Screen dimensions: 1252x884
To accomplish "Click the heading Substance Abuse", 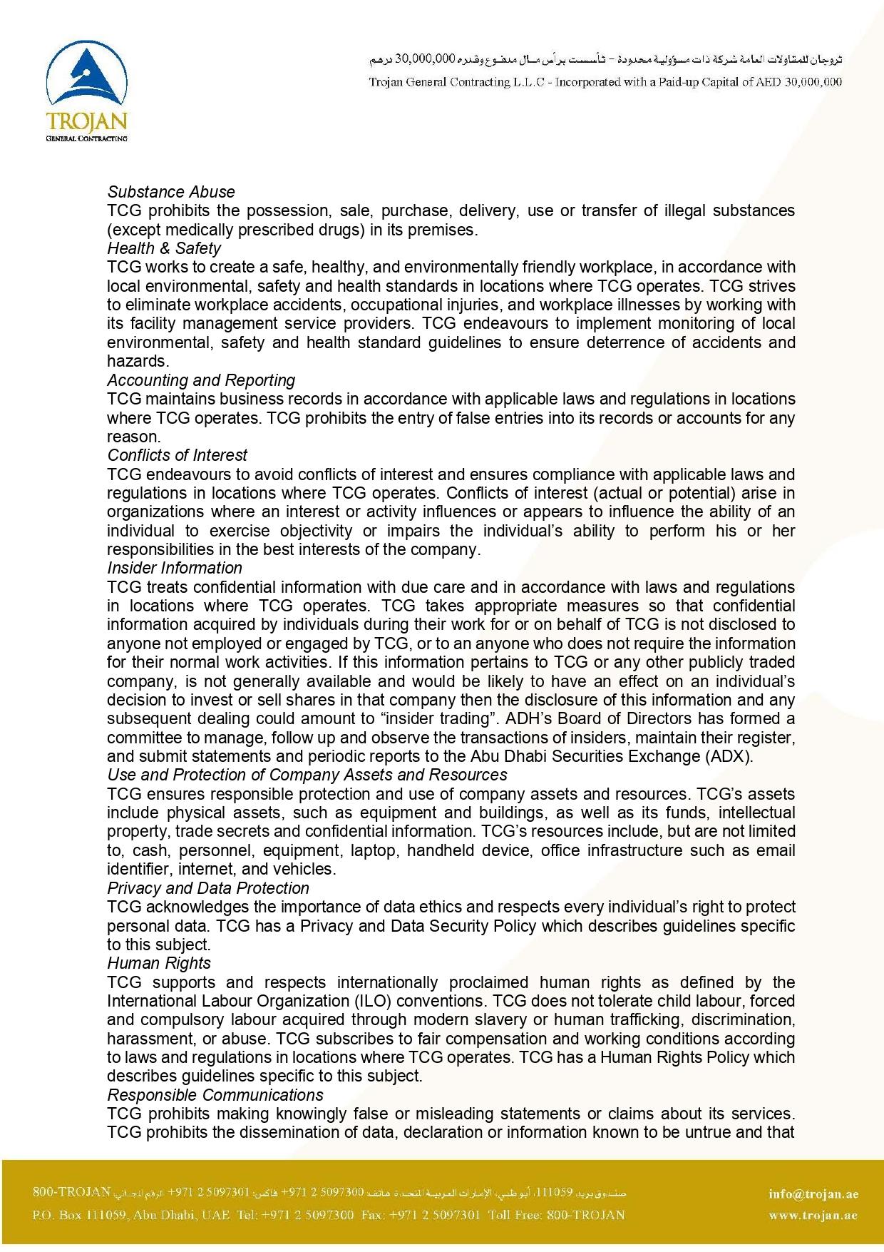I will click(x=171, y=192).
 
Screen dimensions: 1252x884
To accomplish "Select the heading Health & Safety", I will click(x=164, y=248).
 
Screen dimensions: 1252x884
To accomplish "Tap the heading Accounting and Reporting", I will click(x=201, y=380).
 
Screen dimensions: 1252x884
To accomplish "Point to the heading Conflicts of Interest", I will click(x=178, y=455).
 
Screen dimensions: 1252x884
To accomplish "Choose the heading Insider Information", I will click(x=175, y=568).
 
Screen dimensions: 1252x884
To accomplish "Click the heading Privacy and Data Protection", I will click(x=208, y=888).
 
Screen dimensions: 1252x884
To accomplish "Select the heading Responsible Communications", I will click(x=215, y=1095).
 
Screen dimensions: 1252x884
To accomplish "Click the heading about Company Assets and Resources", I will click(x=307, y=775).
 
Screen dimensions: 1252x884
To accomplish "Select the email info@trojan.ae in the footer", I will click(x=813, y=1194).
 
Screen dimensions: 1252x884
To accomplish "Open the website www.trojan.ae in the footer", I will click(x=813, y=1215).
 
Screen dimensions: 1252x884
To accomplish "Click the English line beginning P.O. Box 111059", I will click(x=329, y=1215).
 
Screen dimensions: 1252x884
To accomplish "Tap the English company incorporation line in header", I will click(x=605, y=82).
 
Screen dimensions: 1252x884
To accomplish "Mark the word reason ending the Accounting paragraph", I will click(x=133, y=437).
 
